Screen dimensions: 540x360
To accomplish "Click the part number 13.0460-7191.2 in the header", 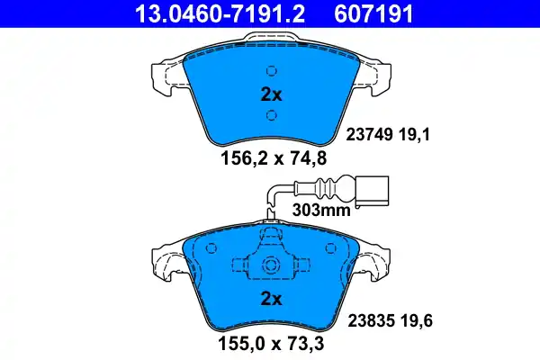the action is coord(220,13).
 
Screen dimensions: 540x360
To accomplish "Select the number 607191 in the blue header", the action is coord(373,13).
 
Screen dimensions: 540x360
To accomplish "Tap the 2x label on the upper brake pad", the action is coord(271,94).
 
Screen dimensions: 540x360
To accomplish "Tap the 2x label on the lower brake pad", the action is coord(271,299).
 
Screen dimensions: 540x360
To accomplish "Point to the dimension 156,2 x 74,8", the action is coord(273,158).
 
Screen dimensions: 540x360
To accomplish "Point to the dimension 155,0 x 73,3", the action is coord(271,344).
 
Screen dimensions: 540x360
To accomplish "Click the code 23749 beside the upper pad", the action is coord(369,135).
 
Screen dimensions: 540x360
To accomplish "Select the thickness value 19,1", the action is coord(414,135).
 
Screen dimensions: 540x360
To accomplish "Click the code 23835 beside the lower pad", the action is coord(371,321).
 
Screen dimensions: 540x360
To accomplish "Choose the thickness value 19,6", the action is coord(417,321).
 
